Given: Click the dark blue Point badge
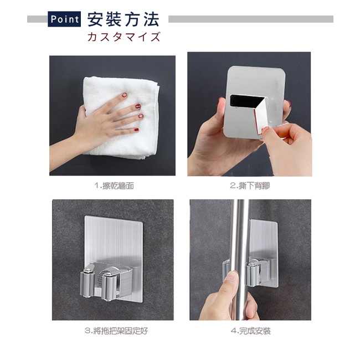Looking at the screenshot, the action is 64,19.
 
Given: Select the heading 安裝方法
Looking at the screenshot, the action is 124,19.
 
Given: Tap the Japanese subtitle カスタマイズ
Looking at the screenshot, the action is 124,37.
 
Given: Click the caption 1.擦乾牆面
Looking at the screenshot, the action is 114,186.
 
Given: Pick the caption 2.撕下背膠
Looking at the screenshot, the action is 250,186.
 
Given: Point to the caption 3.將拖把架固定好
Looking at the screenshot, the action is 116,331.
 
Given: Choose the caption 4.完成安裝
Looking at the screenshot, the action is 251,331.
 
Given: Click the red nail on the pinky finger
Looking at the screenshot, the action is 136,130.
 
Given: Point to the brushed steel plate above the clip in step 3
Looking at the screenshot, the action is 114,239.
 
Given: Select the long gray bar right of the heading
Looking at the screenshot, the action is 251,19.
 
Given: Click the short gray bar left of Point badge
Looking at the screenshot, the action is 38,19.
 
